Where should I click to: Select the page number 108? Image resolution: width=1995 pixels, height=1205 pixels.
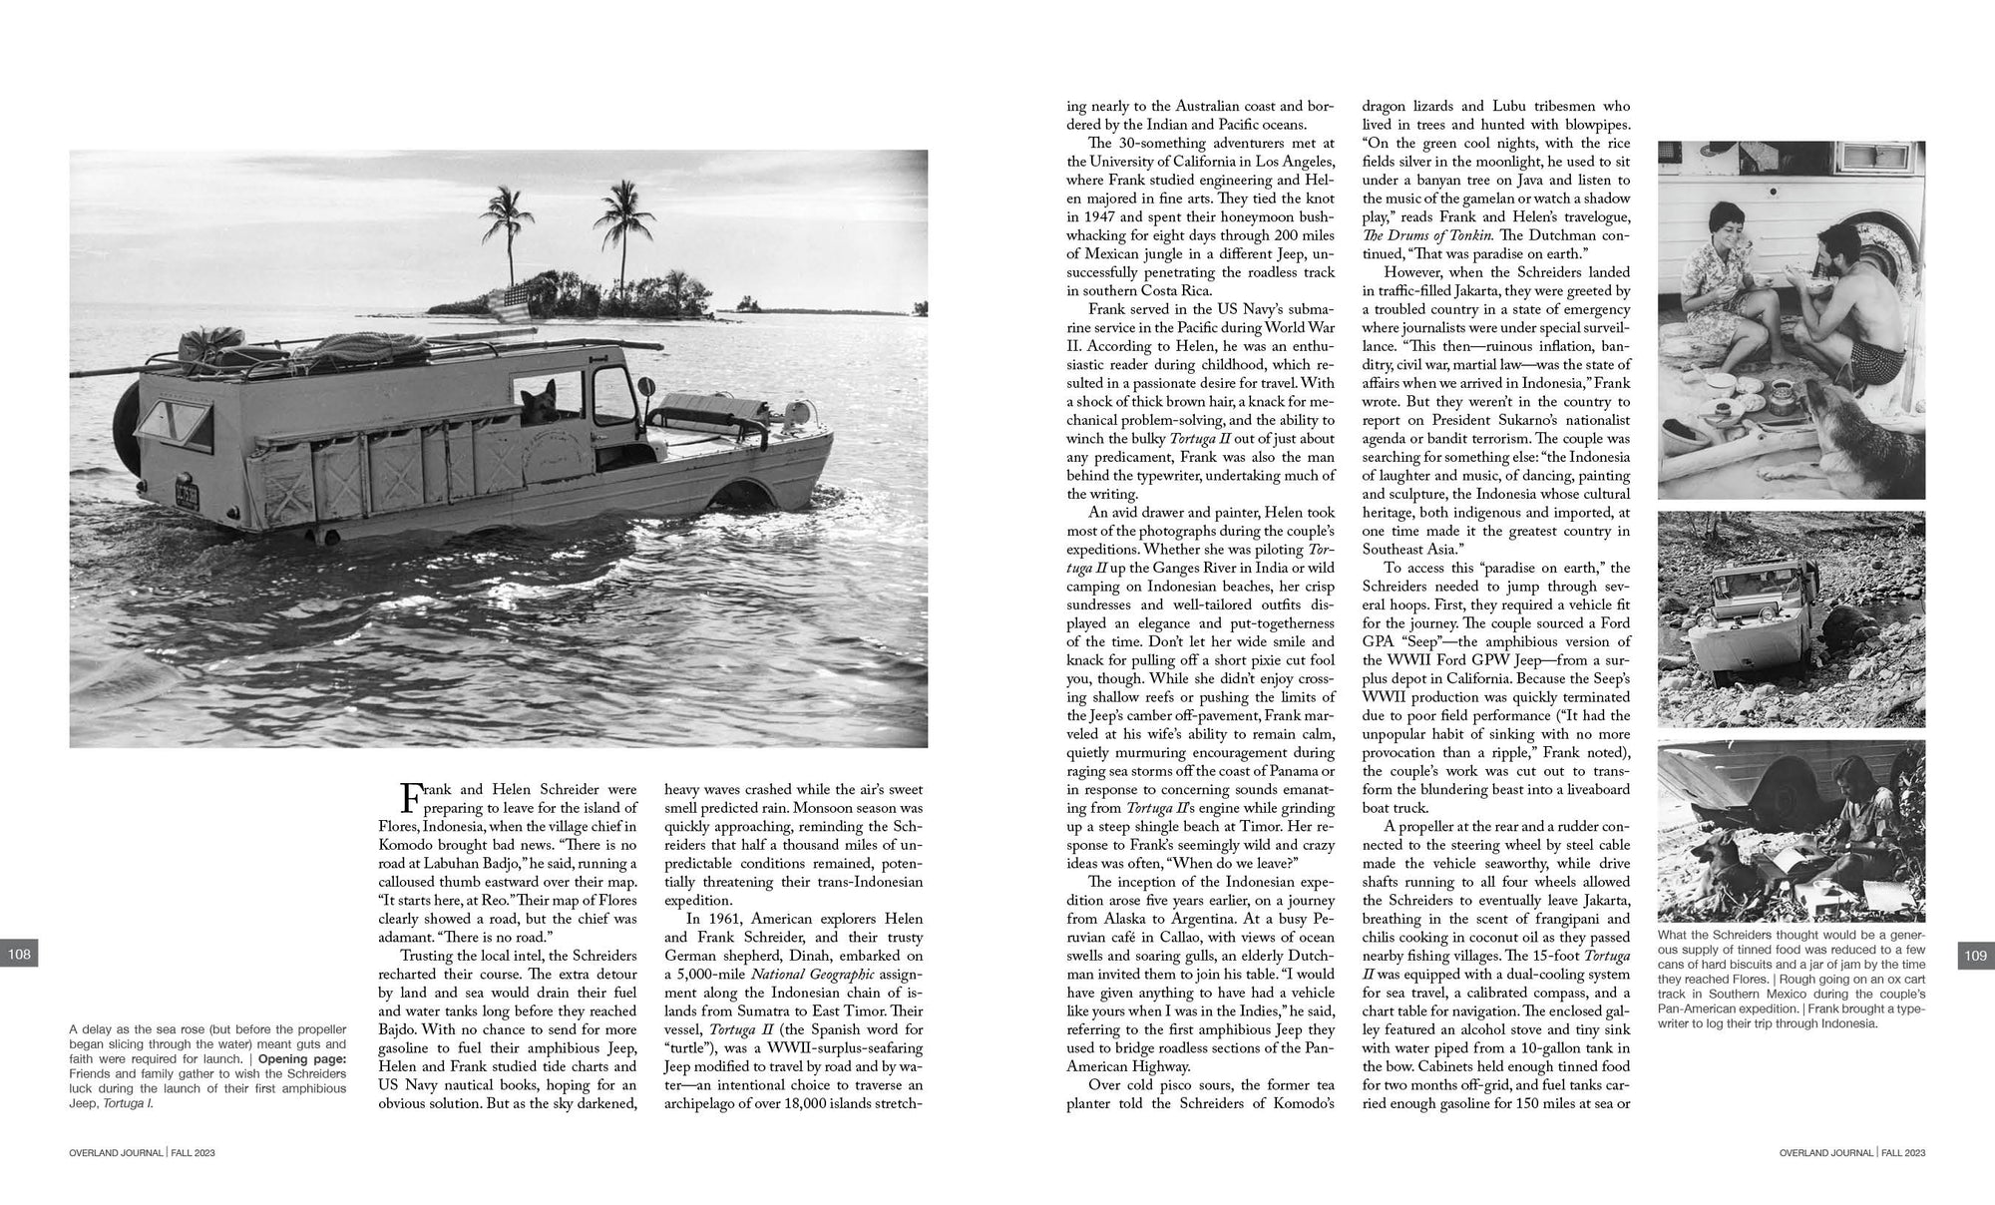[20, 955]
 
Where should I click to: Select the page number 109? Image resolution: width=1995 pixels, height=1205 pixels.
[1975, 955]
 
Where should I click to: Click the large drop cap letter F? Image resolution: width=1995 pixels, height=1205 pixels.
[412, 798]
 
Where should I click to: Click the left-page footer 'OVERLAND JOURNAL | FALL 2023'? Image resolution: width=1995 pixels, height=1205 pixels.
[143, 1153]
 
